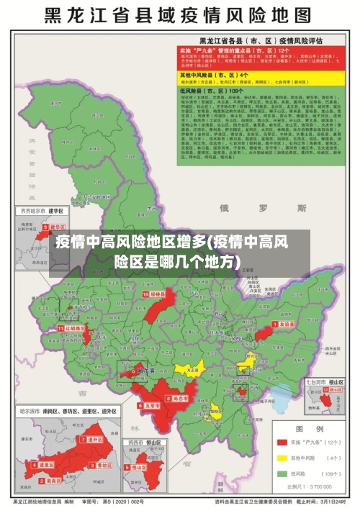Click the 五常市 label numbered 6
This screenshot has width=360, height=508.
click(151, 405)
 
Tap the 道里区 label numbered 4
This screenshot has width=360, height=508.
click(45, 466)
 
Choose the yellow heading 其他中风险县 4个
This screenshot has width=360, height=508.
click(224, 74)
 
